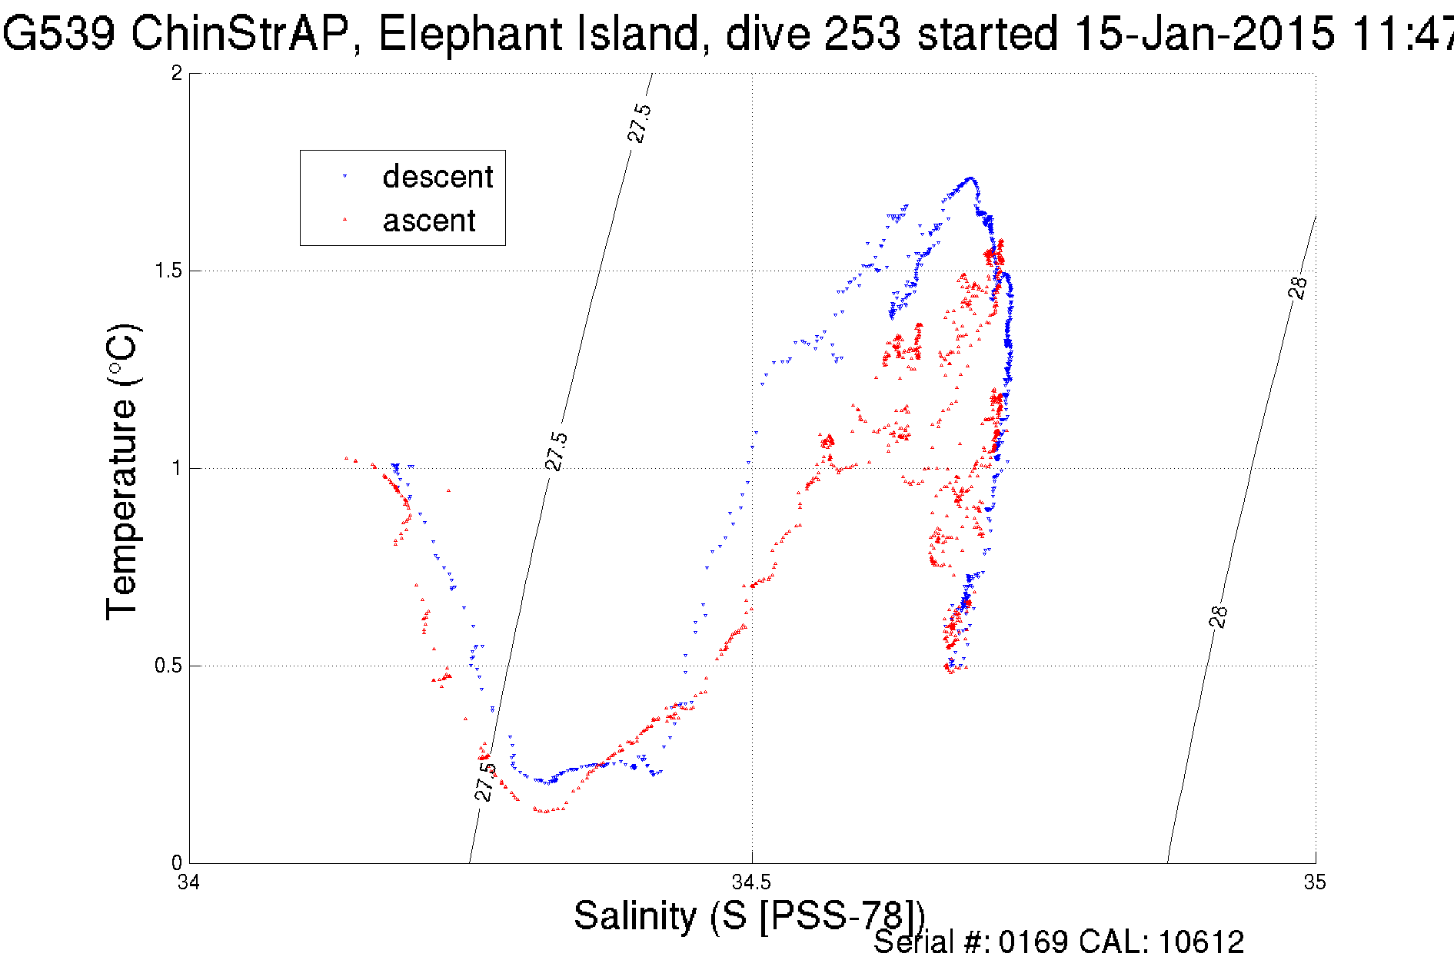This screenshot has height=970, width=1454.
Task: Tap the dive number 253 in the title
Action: pyautogui.click(x=861, y=34)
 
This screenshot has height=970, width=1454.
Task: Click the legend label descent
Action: pyautogui.click(x=438, y=177)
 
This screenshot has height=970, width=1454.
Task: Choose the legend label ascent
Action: pyautogui.click(x=429, y=221)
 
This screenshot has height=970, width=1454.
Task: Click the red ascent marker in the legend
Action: pyautogui.click(x=344, y=221)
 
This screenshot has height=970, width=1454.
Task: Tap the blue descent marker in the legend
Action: pyautogui.click(x=344, y=177)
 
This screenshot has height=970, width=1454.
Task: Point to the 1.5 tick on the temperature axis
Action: pyautogui.click(x=169, y=271)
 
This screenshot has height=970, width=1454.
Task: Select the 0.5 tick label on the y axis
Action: pyautogui.click(x=169, y=666)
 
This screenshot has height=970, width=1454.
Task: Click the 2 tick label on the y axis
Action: pyautogui.click(x=177, y=73)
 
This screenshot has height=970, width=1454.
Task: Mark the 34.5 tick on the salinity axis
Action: pyautogui.click(x=751, y=882)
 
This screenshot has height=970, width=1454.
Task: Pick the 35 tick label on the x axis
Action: pyautogui.click(x=1315, y=882)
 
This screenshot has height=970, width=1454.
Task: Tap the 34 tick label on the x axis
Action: pyautogui.click(x=189, y=882)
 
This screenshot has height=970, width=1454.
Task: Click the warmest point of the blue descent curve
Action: pyautogui.click(x=970, y=178)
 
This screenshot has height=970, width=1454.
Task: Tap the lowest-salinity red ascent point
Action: pyautogui.click(x=346, y=458)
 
